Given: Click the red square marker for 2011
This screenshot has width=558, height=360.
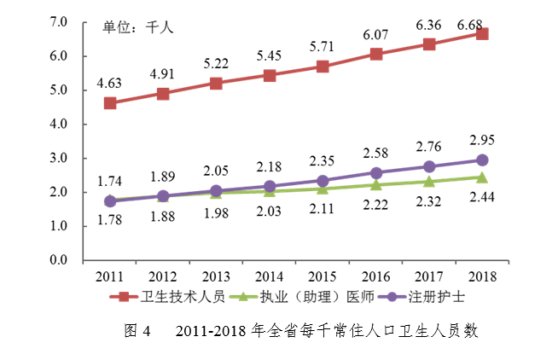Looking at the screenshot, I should pos(110,103).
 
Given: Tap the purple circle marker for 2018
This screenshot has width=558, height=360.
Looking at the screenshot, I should pos(482,160).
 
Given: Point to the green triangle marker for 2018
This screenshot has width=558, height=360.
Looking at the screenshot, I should pos(482,177).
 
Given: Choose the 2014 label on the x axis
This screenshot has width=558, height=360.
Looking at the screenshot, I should pos(270,276).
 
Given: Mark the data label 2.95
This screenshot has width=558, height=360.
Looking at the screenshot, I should pos(482,140).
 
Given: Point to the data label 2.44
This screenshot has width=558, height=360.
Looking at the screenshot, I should pos(482,198).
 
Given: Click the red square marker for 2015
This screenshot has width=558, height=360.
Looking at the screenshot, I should pos(323,67).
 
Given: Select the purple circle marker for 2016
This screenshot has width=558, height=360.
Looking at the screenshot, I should pos(376,173).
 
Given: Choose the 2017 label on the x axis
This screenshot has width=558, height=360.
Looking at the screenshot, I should pos(429,276).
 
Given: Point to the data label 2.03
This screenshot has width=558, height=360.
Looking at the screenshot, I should pos(270,212).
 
